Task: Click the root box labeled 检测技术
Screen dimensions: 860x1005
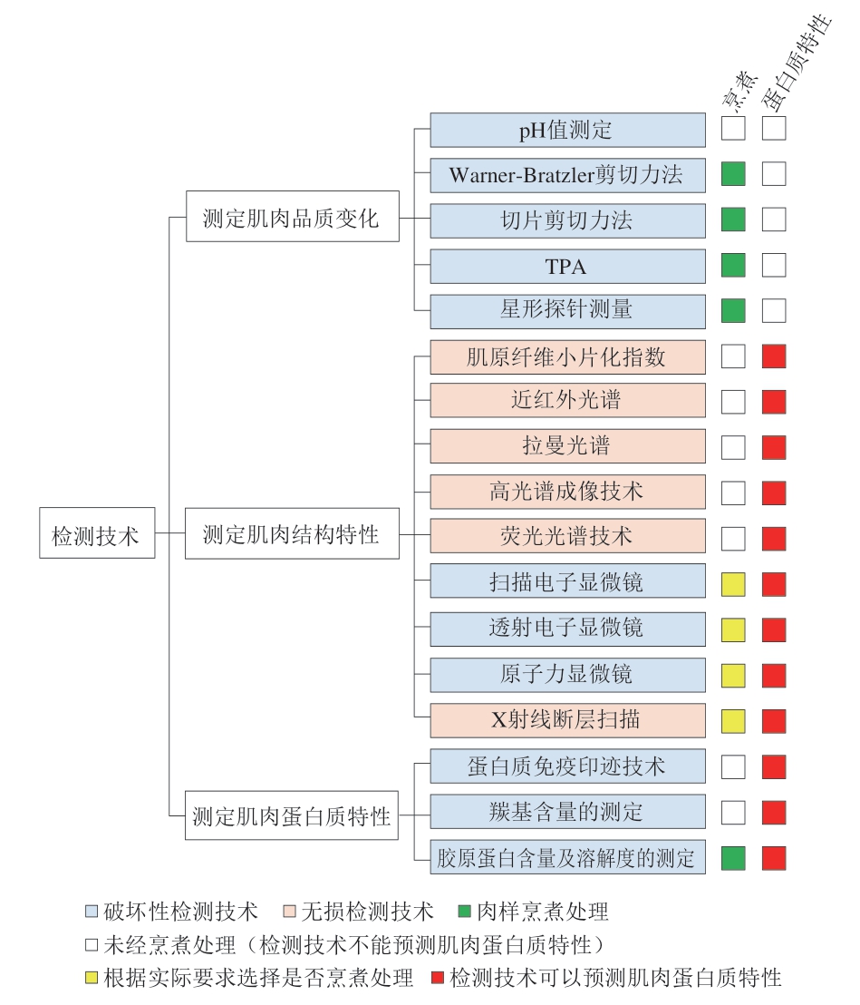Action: coord(97,532)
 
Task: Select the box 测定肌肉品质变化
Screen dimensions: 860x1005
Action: coord(292,216)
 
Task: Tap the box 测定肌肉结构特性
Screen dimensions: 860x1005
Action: coord(292,533)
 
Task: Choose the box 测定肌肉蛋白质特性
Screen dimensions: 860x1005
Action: coord(292,815)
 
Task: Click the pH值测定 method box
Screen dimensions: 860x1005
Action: coord(567,130)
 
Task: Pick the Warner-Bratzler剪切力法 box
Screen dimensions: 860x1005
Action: coord(567,175)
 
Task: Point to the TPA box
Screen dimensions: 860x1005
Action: coord(567,266)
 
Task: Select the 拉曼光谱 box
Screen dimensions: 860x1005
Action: coord(567,446)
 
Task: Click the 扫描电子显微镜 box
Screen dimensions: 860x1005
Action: coord(567,581)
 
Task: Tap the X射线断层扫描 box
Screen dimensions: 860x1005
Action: coord(567,720)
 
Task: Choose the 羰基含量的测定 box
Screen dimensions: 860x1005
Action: coord(567,812)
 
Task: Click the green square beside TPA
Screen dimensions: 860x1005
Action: coord(733,266)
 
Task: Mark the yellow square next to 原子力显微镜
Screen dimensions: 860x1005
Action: coord(733,676)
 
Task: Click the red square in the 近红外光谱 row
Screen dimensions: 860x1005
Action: coord(774,402)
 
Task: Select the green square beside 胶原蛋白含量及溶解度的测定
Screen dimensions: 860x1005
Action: coord(733,858)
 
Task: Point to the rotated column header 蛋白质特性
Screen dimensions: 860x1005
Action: coord(797,61)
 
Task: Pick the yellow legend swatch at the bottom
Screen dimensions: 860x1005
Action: coord(92,978)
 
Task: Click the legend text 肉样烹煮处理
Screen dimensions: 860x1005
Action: coord(543,911)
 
